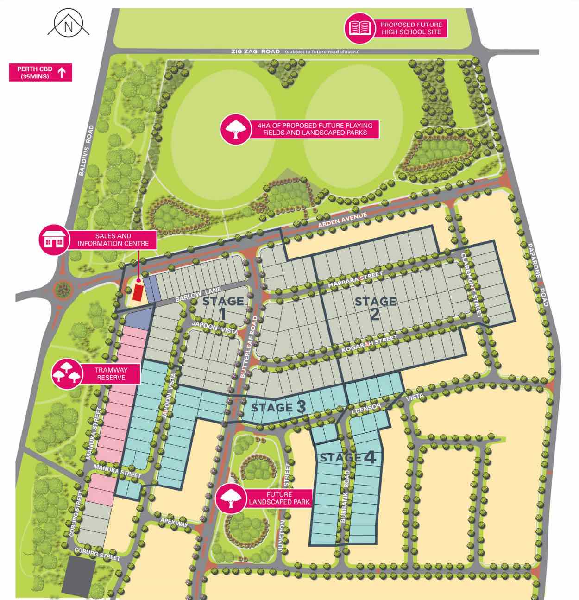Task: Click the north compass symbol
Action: [68, 25]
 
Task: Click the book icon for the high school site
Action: [360, 28]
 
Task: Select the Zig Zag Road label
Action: [255, 51]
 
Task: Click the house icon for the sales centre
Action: [53, 240]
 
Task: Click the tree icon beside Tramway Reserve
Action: [65, 373]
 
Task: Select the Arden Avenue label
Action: [342, 220]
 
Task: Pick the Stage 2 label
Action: [375, 308]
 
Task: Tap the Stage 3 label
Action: [278, 407]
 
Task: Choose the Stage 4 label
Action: [348, 458]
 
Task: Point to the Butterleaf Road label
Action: [248, 347]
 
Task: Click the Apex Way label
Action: [174, 522]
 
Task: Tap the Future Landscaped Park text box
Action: [279, 498]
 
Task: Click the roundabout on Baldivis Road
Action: [61, 291]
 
